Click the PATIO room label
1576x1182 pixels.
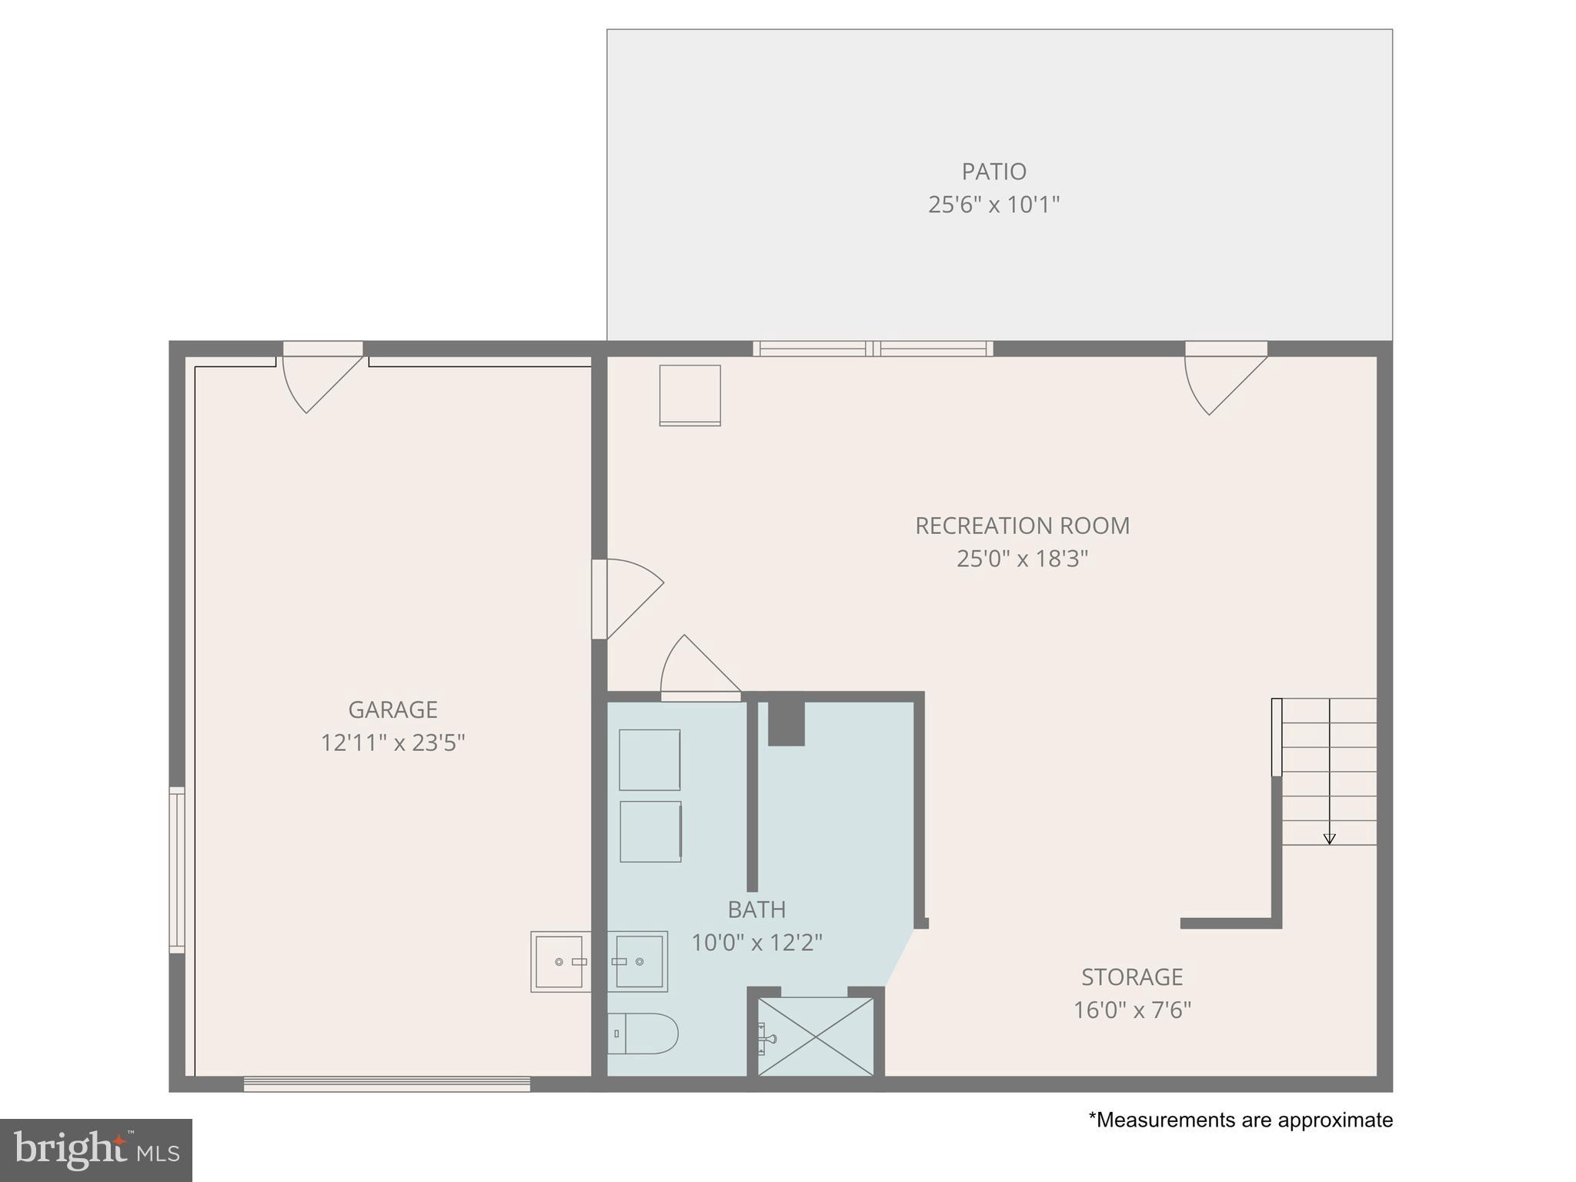click(x=993, y=171)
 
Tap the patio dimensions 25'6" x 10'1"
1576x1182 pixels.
click(x=993, y=205)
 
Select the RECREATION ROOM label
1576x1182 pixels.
click(x=1022, y=526)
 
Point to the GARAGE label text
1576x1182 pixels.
click(x=392, y=710)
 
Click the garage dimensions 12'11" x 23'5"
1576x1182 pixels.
click(x=392, y=743)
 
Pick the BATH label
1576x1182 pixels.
click(x=756, y=910)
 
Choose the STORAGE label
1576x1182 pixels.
click(x=1132, y=977)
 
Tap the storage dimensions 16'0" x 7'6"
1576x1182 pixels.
click(x=1132, y=1010)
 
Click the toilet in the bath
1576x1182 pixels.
click(x=643, y=1033)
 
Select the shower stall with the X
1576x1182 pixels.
click(x=816, y=1037)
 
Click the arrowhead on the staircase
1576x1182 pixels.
click(x=1329, y=840)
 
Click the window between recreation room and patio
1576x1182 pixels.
click(x=873, y=349)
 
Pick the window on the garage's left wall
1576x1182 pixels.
click(x=177, y=870)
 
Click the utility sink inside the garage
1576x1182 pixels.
click(x=559, y=962)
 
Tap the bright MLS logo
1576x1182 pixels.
click(x=96, y=1150)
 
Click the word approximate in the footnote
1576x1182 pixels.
click(x=1335, y=1120)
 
